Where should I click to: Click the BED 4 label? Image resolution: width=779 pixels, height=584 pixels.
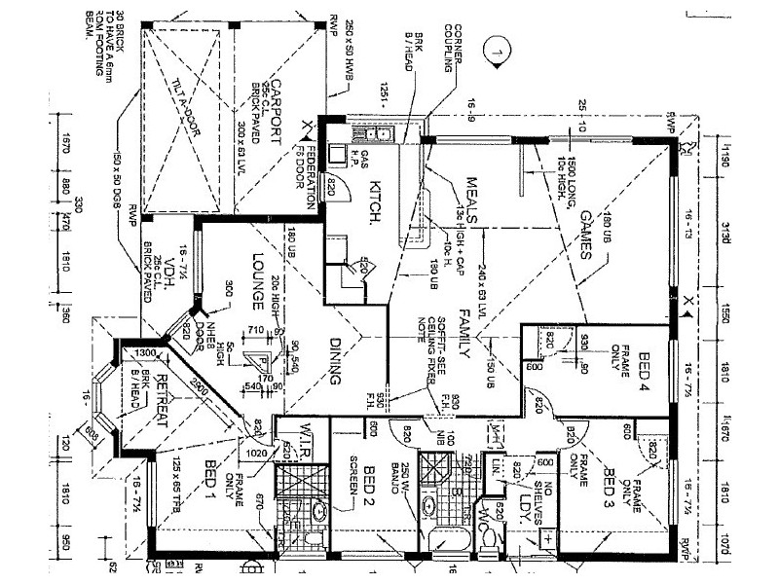click(644, 375)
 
